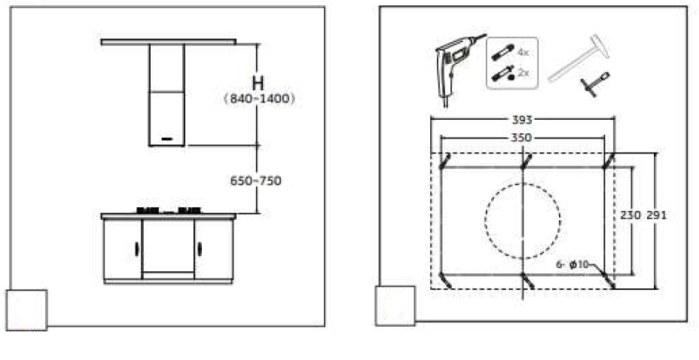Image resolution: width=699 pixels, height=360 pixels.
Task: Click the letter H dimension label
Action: [258, 84]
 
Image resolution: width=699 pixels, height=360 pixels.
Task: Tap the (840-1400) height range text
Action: [260, 99]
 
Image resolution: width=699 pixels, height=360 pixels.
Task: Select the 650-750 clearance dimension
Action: [256, 181]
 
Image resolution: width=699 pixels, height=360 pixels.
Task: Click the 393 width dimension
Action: [521, 120]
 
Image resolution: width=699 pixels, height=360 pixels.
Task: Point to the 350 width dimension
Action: [521, 138]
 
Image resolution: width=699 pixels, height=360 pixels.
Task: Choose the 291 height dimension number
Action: [657, 215]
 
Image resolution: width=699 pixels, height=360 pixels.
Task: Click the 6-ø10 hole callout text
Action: [573, 264]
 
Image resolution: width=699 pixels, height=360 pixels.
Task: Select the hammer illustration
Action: [579, 58]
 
